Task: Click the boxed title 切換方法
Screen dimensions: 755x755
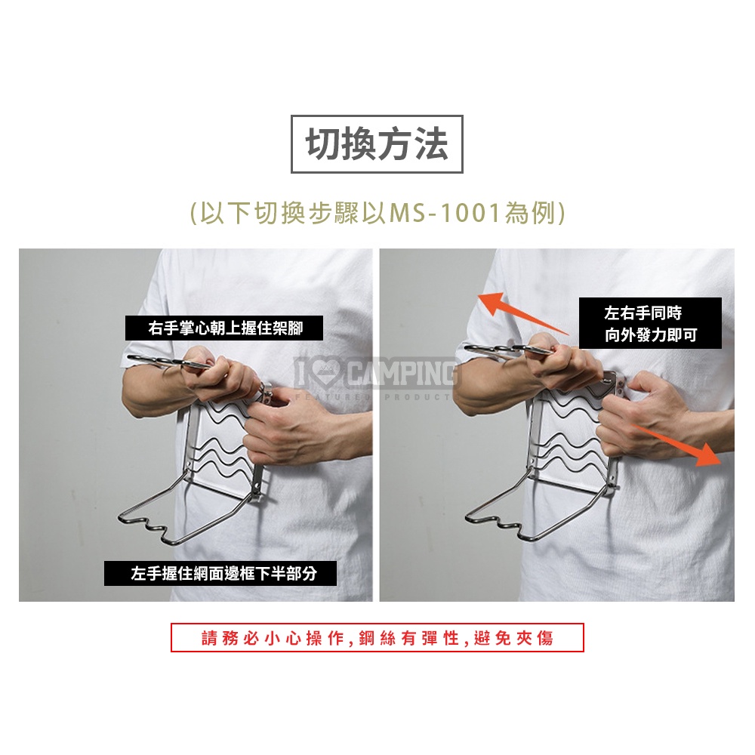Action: [x=377, y=144]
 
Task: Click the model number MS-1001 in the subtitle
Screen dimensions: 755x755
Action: [x=445, y=212]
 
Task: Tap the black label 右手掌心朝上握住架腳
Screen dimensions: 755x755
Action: [x=224, y=328]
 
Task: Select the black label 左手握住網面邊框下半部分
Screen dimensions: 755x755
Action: [x=220, y=573]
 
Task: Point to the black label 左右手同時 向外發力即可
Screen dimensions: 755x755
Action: [x=650, y=323]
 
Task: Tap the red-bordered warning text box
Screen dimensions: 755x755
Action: [x=377, y=637]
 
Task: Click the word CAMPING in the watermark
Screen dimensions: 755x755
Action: [x=402, y=373]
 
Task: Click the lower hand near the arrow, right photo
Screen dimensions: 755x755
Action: [x=646, y=414]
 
